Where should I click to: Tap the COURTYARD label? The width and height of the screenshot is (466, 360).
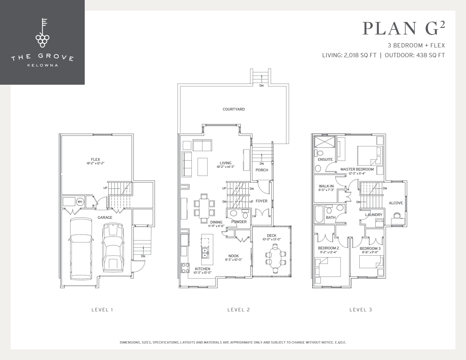234,109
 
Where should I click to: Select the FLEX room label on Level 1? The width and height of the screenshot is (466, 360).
95,160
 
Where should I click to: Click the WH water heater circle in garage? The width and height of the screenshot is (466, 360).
80,202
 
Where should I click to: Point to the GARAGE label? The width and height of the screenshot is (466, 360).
105,217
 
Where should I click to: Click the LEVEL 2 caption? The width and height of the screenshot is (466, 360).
238,310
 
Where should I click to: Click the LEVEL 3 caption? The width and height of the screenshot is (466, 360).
360,310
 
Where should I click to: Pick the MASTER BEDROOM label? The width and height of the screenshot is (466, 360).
357,169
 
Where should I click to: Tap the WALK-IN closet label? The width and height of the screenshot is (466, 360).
326,186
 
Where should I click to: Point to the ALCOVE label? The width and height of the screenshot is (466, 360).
395,203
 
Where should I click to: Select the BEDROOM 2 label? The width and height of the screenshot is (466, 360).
328,248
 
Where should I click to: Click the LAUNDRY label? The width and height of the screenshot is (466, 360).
373,215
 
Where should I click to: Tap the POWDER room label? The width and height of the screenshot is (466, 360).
239,222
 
